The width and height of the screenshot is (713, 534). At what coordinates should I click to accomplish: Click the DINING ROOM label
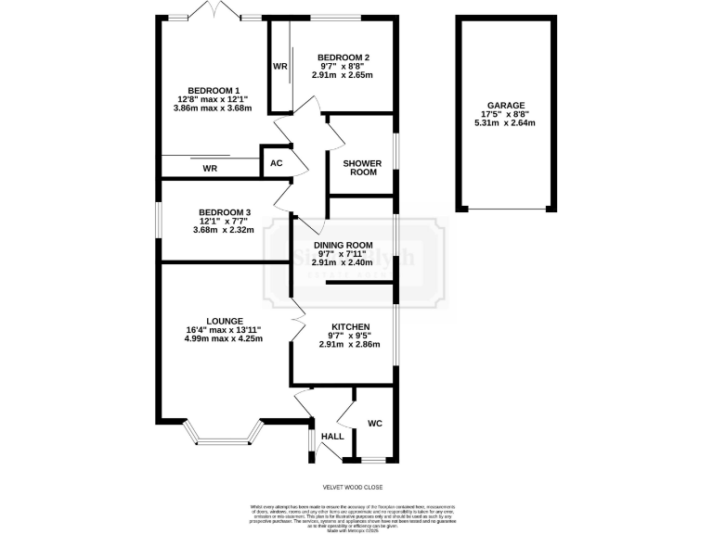pos(343,245)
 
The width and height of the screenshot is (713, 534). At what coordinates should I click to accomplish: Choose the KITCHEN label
pos(344,327)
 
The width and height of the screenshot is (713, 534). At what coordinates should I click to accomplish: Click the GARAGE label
pos(505,106)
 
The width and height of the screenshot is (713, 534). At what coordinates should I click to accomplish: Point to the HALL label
pos(331,436)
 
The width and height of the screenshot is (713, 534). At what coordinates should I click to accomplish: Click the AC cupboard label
pos(276,164)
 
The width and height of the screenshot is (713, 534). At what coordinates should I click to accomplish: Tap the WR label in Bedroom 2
pos(279,67)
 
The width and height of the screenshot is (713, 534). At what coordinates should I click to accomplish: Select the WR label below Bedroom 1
pos(210,169)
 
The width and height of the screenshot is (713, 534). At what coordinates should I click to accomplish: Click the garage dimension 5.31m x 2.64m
pos(505,122)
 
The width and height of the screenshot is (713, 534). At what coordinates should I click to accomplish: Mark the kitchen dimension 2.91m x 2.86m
pos(344,344)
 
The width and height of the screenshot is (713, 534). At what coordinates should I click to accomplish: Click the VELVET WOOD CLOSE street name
pos(352,487)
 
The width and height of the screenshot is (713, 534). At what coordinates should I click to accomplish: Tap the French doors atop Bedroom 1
pos(213,12)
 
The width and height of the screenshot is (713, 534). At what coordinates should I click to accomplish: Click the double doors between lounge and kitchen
pos(298,318)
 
